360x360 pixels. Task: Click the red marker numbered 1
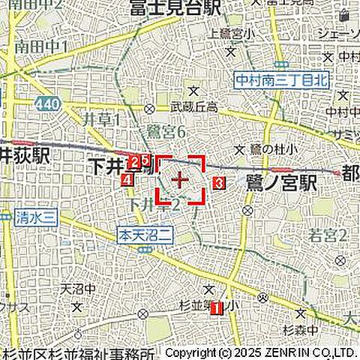[x=215, y=307]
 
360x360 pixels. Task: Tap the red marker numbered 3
[x=218, y=181]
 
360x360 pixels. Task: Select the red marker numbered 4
[x=127, y=180]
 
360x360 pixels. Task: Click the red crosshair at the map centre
[x=180, y=180]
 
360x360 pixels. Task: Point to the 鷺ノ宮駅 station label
[x=280, y=182]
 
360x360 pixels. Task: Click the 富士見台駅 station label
[x=174, y=8]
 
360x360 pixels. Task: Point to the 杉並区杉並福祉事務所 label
[x=79, y=353]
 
